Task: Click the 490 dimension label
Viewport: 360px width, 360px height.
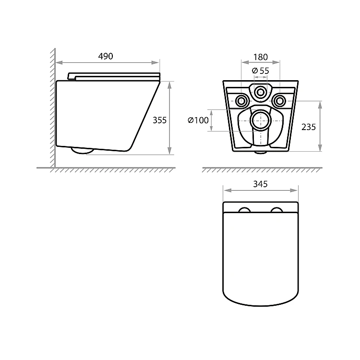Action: [x=106, y=56]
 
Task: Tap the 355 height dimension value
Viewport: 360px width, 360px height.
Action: [x=159, y=120]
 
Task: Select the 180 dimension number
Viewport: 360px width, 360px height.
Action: [x=261, y=57]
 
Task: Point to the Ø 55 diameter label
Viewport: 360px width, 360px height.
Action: [x=260, y=71]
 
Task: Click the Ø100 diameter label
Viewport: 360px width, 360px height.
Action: [x=198, y=120]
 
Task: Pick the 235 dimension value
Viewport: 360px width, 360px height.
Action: [x=309, y=127]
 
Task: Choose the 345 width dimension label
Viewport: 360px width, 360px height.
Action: [x=260, y=184]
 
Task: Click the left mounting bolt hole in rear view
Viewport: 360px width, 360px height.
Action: [x=241, y=101]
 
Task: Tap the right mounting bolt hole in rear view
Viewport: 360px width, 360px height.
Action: [x=279, y=101]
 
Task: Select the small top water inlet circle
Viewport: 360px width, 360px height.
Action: [x=260, y=92]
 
